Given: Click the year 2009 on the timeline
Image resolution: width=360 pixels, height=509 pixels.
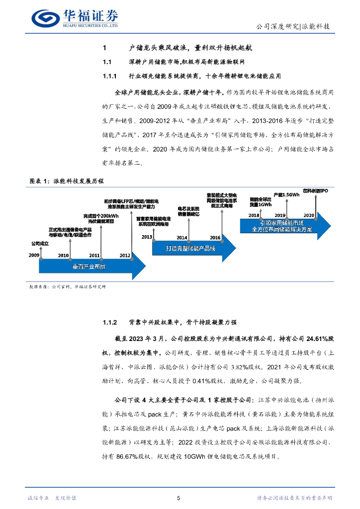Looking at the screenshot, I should (34, 255).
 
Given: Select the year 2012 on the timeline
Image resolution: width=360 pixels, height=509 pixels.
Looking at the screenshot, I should (125, 255).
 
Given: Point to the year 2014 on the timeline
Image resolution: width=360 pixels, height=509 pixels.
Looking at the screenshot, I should (182, 238).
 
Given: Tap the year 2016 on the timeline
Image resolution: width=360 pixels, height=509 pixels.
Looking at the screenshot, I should (215, 238).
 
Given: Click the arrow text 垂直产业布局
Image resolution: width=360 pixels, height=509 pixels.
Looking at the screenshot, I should (89, 267).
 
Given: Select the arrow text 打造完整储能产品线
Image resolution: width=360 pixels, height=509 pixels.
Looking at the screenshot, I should (190, 249).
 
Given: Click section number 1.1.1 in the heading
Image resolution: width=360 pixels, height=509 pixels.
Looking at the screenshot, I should (109, 77).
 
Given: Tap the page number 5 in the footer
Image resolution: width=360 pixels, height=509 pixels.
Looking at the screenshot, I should (179, 498).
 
